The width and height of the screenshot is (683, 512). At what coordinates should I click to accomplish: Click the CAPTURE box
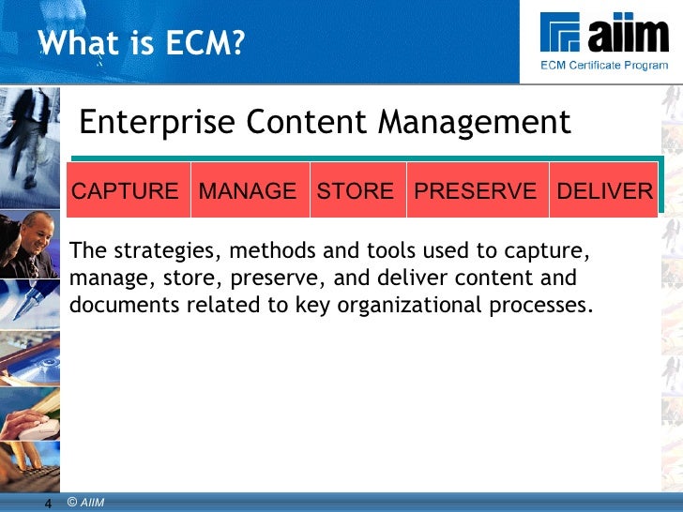pyautogui.click(x=126, y=191)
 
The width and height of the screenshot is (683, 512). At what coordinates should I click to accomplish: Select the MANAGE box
pyautogui.click(x=248, y=191)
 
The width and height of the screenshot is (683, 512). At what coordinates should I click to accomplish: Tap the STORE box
pyautogui.click(x=356, y=191)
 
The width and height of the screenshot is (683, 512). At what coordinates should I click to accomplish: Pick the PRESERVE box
pyautogui.click(x=476, y=191)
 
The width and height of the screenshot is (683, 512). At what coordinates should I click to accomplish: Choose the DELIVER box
pyautogui.click(x=604, y=191)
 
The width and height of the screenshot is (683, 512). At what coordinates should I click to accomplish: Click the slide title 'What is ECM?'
pyautogui.click(x=141, y=42)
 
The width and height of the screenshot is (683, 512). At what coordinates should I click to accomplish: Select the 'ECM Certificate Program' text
pyautogui.click(x=603, y=65)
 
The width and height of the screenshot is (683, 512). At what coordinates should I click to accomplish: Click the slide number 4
pyautogui.click(x=48, y=504)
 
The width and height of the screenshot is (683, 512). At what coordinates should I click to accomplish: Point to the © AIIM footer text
pyautogui.click(x=86, y=504)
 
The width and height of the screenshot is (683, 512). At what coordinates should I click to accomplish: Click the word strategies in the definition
pyautogui.click(x=165, y=252)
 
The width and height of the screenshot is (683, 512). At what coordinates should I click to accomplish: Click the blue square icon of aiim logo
pyautogui.click(x=561, y=34)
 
